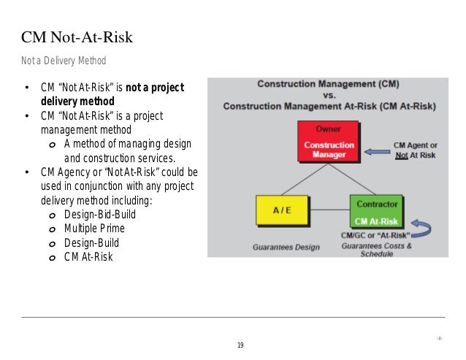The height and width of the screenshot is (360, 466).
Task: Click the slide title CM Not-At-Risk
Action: (x=77, y=38)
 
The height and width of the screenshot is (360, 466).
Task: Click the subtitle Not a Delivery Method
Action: (x=64, y=60)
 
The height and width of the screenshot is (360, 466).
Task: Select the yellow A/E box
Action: (x=282, y=211)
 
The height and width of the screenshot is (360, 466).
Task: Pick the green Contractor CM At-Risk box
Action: (x=375, y=211)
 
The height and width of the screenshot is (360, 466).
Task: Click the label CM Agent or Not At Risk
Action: (x=414, y=150)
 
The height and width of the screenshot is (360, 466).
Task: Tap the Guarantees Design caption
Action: (x=286, y=247)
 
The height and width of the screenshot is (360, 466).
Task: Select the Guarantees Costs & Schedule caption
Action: (x=376, y=250)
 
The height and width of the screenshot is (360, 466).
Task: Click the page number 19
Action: (x=240, y=345)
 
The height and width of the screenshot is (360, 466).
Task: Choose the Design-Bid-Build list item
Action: (x=100, y=215)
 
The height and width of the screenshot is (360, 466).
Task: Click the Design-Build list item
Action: (x=91, y=242)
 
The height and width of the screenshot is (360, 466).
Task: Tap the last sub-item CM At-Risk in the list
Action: (x=88, y=256)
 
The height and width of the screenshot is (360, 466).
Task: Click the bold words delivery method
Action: (x=77, y=102)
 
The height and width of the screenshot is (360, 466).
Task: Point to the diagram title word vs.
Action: (x=329, y=94)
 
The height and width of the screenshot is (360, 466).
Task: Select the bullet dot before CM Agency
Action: (x=26, y=172)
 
